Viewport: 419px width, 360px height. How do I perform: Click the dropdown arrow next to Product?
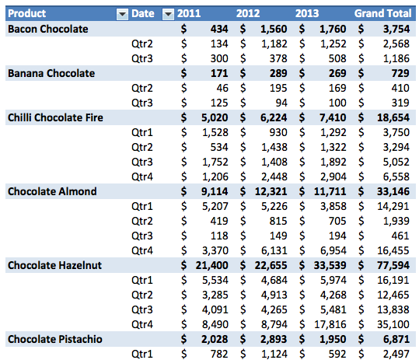click(122, 14)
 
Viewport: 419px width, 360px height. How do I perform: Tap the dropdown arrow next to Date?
click(168, 14)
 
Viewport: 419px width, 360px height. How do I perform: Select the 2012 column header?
click(248, 13)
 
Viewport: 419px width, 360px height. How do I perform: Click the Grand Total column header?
click(382, 13)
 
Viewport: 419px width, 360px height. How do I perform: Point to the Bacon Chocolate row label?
click(48, 29)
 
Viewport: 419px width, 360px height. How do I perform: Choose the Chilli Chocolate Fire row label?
click(55, 117)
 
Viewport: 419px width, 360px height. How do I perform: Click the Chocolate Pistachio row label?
click(55, 339)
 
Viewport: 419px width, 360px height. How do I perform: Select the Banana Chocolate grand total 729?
click(400, 73)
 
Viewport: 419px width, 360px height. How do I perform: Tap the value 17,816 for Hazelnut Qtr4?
click(330, 324)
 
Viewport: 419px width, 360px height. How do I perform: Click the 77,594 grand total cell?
click(393, 265)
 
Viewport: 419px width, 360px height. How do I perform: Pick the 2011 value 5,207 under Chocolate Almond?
click(215, 206)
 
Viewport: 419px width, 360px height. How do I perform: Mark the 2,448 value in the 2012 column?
click(274, 177)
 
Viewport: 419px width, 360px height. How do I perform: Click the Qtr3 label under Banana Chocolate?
click(142, 103)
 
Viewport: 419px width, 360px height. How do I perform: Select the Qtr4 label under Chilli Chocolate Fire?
click(142, 177)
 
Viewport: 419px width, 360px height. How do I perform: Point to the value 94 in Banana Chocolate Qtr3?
click(281, 103)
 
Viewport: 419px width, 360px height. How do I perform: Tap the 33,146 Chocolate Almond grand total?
click(393, 191)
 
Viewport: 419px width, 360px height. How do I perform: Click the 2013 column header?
click(307, 13)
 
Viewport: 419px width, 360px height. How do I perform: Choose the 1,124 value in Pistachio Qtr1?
click(274, 354)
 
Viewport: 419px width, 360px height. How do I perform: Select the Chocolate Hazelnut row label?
click(54, 265)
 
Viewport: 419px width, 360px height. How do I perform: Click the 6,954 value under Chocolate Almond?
click(333, 250)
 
